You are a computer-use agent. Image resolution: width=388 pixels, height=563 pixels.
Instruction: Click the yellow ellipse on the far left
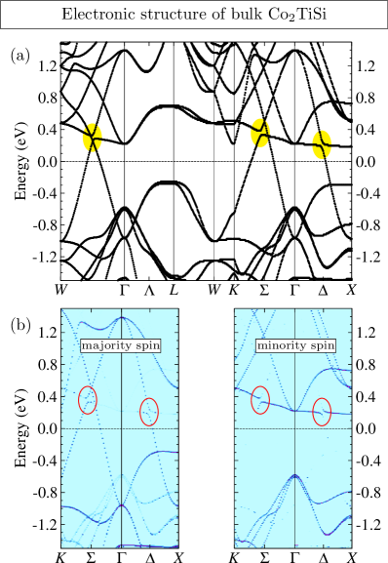click(93, 138)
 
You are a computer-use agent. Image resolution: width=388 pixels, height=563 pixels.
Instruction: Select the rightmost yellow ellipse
click(322, 144)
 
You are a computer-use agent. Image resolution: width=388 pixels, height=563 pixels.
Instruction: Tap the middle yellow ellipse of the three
click(260, 133)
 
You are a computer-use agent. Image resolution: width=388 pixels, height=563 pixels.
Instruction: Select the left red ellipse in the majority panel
click(88, 399)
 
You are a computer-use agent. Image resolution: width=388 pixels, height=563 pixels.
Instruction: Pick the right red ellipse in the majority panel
click(149, 411)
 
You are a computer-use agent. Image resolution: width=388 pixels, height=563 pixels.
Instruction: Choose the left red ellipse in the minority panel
click(260, 399)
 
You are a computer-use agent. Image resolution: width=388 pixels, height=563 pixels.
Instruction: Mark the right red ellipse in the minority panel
click(322, 412)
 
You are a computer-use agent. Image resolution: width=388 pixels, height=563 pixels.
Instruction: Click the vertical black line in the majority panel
click(121, 468)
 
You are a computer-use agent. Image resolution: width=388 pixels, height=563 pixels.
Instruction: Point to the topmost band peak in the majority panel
click(121, 317)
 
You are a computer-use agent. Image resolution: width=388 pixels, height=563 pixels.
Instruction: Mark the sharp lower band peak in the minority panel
click(294, 475)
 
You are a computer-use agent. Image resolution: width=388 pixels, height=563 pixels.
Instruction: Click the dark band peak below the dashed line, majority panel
click(121, 505)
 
